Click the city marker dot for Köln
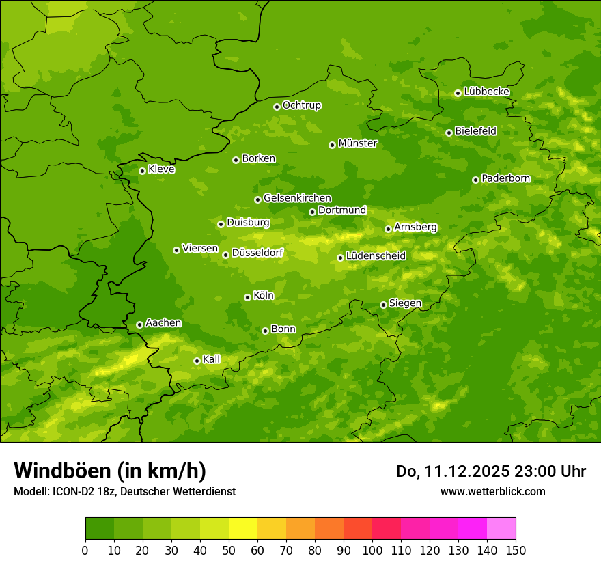247,297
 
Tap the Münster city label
357,143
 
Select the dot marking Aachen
139,324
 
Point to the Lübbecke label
486,92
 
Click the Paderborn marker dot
475,180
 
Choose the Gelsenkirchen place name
297,198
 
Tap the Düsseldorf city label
257,253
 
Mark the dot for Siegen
383,305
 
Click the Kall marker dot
197,361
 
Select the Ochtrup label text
301,105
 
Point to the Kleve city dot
142,171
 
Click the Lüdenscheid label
376,256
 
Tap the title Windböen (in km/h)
110,471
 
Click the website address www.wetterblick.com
492,491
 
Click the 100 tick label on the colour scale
372,550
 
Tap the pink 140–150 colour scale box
501,529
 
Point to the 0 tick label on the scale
85,550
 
